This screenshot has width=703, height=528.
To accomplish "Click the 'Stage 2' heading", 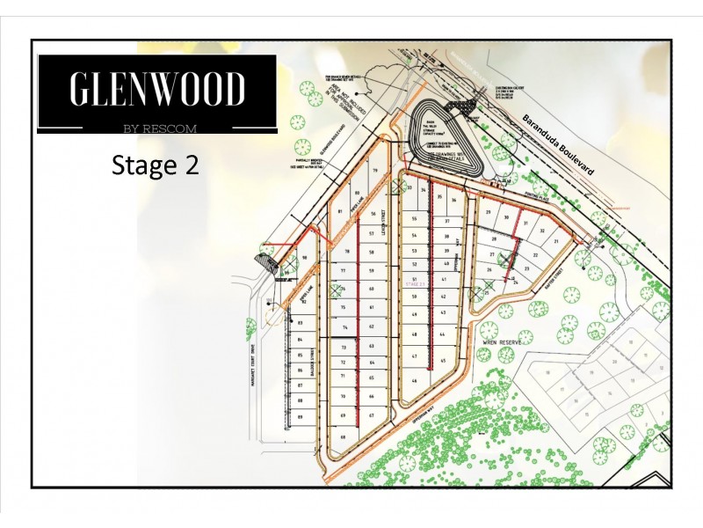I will [x=155, y=165].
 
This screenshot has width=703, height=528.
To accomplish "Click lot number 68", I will [x=343, y=437].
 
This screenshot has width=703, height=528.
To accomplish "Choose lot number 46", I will [x=413, y=381].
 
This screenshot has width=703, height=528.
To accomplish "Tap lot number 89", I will [x=301, y=416].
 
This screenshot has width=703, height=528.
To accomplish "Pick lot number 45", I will [x=444, y=361].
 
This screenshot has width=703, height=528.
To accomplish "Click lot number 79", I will [x=374, y=171].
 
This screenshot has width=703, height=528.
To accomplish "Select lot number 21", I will [x=555, y=238].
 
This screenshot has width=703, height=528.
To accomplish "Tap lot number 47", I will [x=413, y=356].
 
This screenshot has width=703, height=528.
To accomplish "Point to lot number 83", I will [x=301, y=323].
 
